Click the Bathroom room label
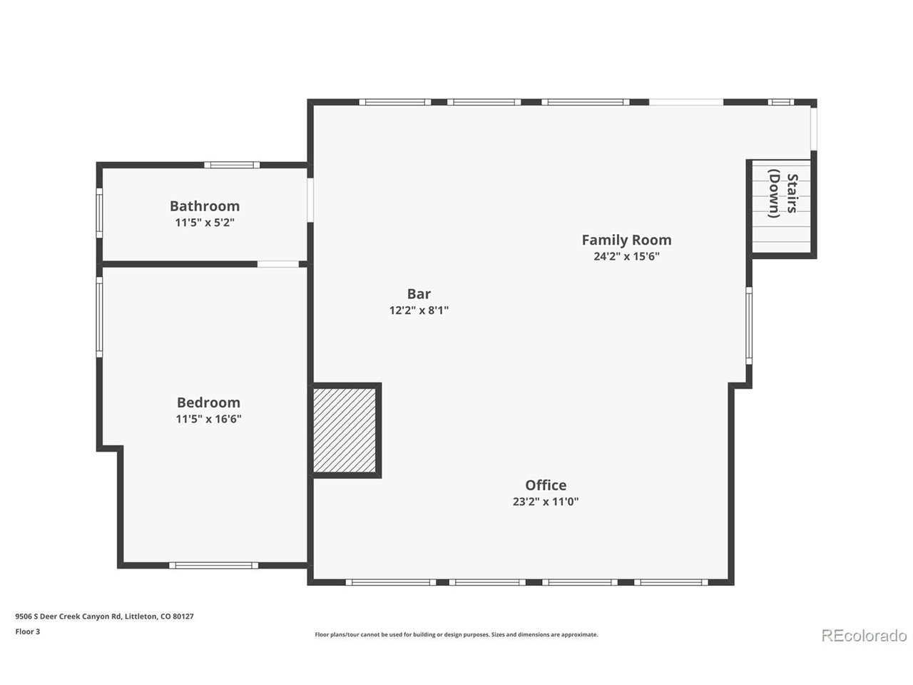pos(205,206)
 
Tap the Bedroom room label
pos(208,402)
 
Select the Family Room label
pos(626,240)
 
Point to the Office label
pos(546,485)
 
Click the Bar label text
pos(419,294)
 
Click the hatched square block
pos(345,430)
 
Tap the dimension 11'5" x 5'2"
pos(205,223)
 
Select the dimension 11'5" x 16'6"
pos(208,419)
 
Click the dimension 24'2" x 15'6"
pos(626,257)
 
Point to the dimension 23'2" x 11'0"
pos(546,502)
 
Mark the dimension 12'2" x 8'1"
pos(419,310)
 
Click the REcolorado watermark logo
pos(864,635)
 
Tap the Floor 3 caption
pos(28,631)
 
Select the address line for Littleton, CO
pos(104,616)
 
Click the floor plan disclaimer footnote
pos(456,634)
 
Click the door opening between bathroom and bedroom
pos(278,264)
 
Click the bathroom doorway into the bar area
pos(310,199)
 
